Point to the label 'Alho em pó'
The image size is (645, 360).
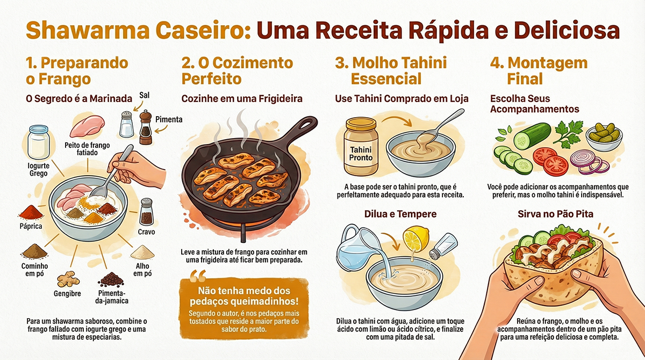pyautogui.click(x=142, y=269)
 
